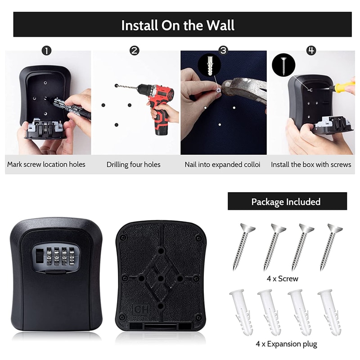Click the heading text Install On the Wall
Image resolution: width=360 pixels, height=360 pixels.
(x=178, y=25)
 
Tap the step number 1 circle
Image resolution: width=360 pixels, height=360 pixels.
(x=46, y=50)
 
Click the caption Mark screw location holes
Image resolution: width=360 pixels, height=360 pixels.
(x=46, y=165)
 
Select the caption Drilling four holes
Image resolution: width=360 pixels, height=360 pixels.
(x=133, y=165)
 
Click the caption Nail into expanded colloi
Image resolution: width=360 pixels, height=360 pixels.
(x=222, y=165)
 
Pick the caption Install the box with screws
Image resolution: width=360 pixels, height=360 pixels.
(x=311, y=165)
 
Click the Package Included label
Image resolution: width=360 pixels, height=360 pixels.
(x=286, y=202)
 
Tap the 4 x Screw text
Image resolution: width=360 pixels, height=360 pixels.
(x=282, y=279)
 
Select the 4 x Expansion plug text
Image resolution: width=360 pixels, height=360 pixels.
(x=286, y=344)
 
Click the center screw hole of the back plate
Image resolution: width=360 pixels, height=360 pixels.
(x=161, y=279)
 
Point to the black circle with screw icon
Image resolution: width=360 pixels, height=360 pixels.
(x=283, y=64)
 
